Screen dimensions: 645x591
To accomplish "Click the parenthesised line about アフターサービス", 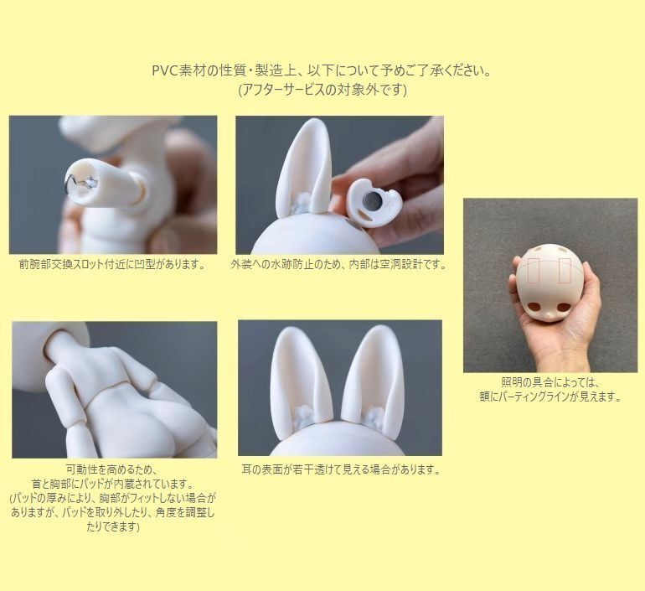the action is click(x=322, y=91).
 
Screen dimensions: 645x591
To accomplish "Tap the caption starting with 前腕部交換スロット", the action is click(x=112, y=264).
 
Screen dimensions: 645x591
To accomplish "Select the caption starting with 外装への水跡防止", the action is click(x=339, y=265).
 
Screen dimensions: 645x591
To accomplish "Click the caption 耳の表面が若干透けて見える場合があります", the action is click(x=341, y=469).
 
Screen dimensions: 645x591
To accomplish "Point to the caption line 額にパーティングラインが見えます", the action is click(x=550, y=397).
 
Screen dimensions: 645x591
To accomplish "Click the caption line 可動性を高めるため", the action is click(x=112, y=469).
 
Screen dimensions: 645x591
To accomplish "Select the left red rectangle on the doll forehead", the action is click(x=534, y=271).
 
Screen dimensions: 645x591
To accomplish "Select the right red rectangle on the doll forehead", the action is click(x=565, y=271).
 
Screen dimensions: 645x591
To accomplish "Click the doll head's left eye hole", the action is click(x=534, y=307).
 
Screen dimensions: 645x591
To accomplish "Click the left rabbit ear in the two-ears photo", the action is click(x=293, y=379).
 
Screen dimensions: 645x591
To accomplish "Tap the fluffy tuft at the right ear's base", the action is click(x=374, y=415).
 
